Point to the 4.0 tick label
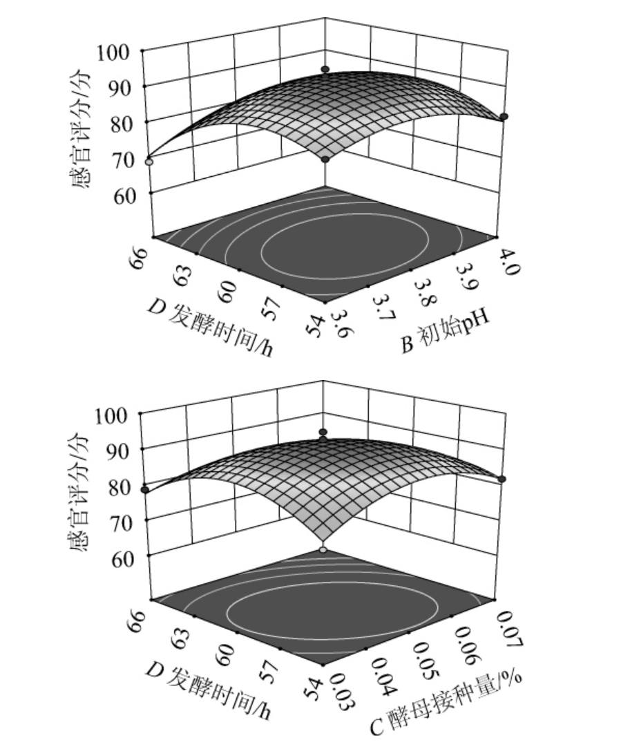pyautogui.click(x=506, y=258)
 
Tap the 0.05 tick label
pyautogui.click(x=423, y=650)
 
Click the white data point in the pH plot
pyautogui.click(x=149, y=162)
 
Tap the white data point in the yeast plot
pyautogui.click(x=323, y=550)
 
